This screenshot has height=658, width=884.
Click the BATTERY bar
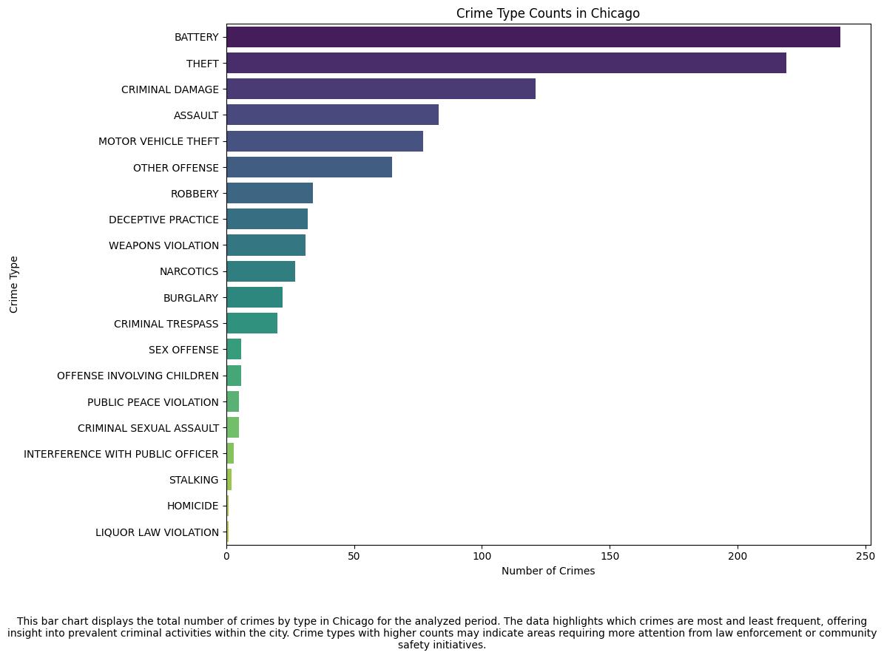click(x=533, y=37)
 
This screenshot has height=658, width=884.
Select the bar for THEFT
click(x=506, y=63)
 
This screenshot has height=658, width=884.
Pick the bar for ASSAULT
click(x=332, y=115)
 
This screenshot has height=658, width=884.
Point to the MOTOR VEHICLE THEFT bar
click(x=325, y=141)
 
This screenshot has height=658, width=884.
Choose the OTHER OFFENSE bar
click(x=309, y=167)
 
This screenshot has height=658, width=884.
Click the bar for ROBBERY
click(x=269, y=193)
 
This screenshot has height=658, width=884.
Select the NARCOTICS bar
click(x=260, y=271)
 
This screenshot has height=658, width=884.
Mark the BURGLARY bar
click(x=254, y=297)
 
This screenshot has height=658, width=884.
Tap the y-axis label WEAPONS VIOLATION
click(x=163, y=245)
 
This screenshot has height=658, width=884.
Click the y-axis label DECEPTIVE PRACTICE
click(x=163, y=220)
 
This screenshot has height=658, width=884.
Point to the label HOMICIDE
click(x=193, y=506)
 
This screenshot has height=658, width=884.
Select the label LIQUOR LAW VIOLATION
click(x=157, y=532)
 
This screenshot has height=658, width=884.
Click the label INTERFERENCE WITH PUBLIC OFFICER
click(x=121, y=454)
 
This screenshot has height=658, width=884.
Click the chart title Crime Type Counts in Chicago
click(x=547, y=13)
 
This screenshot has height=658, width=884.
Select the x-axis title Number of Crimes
click(x=547, y=571)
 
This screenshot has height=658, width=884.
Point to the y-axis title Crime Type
click(x=15, y=285)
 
